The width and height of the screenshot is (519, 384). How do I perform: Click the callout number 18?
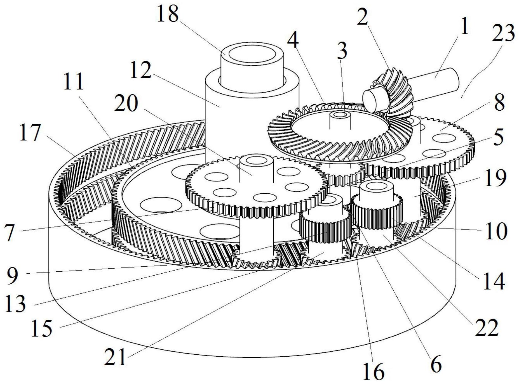pyautogui.click(x=168, y=14)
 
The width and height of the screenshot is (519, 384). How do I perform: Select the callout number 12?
pyautogui.click(x=141, y=70)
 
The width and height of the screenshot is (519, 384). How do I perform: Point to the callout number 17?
pyautogui.click(x=30, y=133)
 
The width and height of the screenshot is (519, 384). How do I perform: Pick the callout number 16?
pyautogui.click(x=374, y=371)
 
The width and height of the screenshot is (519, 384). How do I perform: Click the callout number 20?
pyautogui.click(x=127, y=103)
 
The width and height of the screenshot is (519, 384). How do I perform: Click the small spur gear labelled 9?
pyautogui.click(x=325, y=226)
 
